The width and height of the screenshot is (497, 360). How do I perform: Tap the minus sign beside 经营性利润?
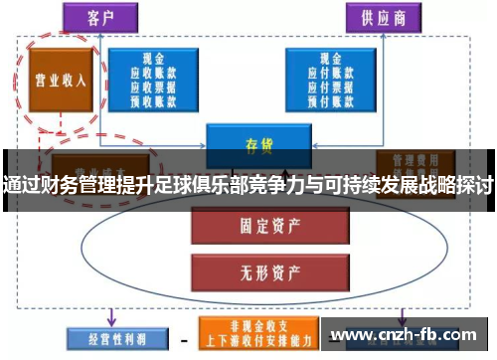pyautogui.click(x=183, y=338)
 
